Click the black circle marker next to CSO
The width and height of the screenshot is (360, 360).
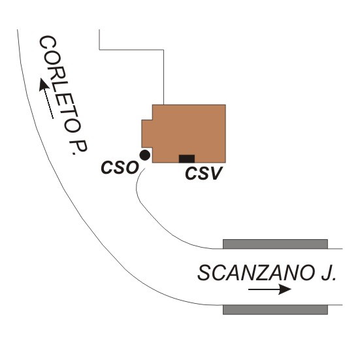145,155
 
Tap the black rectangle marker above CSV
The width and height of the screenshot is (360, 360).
187,159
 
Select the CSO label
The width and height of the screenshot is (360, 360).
120,167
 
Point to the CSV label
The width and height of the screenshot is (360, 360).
204,173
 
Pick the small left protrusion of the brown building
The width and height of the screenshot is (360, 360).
147,133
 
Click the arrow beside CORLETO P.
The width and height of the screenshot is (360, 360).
46,98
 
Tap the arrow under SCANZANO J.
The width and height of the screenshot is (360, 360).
270,289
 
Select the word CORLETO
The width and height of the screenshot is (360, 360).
60,84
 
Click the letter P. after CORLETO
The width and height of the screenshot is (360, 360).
78,147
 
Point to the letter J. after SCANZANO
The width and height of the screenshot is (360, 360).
329,273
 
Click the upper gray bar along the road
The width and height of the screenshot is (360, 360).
275,244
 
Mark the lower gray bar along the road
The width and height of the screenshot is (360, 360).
275,310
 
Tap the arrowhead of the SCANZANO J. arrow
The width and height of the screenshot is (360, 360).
285,289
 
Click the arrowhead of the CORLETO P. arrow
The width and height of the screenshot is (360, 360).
43,84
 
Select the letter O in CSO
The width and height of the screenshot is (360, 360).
132,167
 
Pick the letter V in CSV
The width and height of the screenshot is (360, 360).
216,173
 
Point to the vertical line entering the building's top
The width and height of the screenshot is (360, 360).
164,77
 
